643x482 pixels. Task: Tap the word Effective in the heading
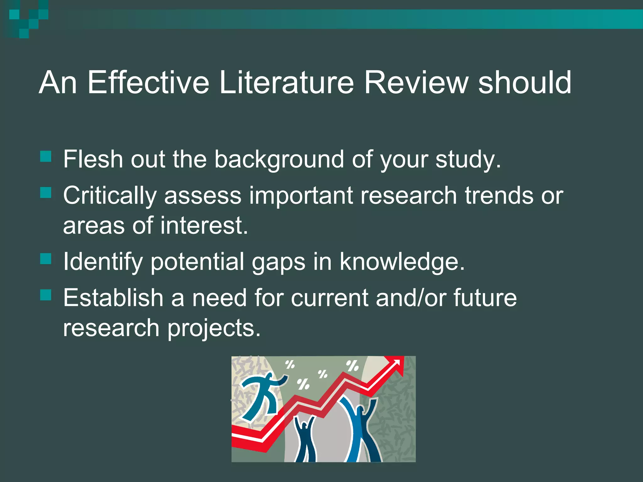[148, 82]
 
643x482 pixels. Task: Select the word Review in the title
[416, 82]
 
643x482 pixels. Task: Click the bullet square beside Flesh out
[46, 156]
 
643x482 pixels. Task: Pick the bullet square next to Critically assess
[46, 192]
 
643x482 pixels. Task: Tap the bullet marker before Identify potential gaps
[46, 259]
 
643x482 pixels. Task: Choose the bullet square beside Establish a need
[46, 295]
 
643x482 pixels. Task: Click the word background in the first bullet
[279, 159]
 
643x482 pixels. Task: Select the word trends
[499, 195]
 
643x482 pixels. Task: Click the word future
[485, 297]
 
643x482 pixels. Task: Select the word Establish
[113, 297]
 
